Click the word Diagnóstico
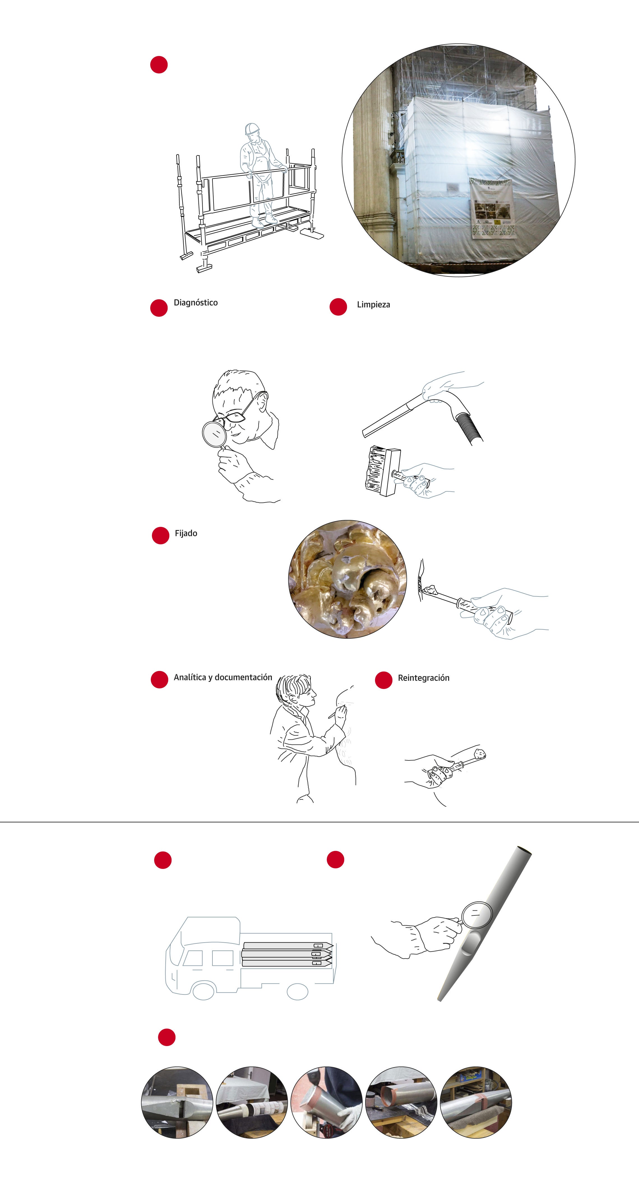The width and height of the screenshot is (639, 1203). pyautogui.click(x=196, y=303)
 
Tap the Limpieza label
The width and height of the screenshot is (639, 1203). pyautogui.click(x=373, y=304)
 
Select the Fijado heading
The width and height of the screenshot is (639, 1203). pyautogui.click(x=186, y=533)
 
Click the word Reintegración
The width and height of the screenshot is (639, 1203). pyautogui.click(x=424, y=678)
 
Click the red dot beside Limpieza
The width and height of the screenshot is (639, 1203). pyautogui.click(x=338, y=307)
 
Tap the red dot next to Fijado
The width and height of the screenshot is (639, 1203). pyautogui.click(x=160, y=536)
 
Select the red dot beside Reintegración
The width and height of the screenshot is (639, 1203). pyautogui.click(x=383, y=680)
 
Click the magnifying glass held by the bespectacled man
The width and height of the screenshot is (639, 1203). pyautogui.click(x=214, y=433)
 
